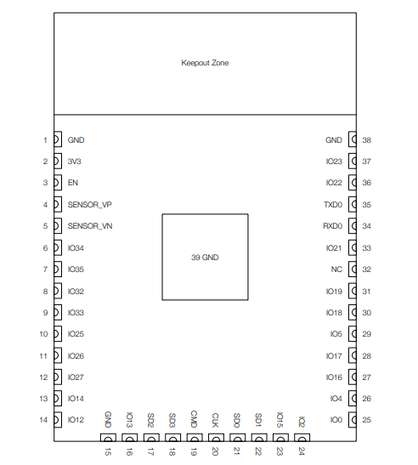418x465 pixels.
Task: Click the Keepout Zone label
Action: (x=205, y=63)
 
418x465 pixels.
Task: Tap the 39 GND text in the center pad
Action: (x=205, y=258)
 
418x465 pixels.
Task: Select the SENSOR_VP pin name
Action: (x=90, y=205)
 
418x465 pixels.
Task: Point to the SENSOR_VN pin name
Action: (x=90, y=226)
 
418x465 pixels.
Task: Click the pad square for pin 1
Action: (x=58, y=139)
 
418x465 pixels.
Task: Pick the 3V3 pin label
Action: (x=75, y=162)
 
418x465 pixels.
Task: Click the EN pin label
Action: (x=73, y=183)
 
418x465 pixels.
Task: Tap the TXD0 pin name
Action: (x=333, y=205)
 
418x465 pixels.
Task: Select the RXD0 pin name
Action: (x=333, y=226)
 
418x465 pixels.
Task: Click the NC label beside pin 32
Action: (x=336, y=269)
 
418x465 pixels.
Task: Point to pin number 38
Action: (x=367, y=140)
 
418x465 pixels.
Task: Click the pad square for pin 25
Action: (x=353, y=420)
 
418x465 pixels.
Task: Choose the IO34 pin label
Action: (x=76, y=248)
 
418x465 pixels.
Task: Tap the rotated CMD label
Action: (x=194, y=419)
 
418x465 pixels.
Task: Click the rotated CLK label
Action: (x=215, y=420)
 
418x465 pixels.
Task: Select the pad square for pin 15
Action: (x=108, y=438)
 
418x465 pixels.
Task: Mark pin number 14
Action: (x=43, y=420)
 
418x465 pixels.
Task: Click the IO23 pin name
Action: (x=334, y=162)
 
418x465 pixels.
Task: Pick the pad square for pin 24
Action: (x=302, y=438)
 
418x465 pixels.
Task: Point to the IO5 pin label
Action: (x=336, y=334)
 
